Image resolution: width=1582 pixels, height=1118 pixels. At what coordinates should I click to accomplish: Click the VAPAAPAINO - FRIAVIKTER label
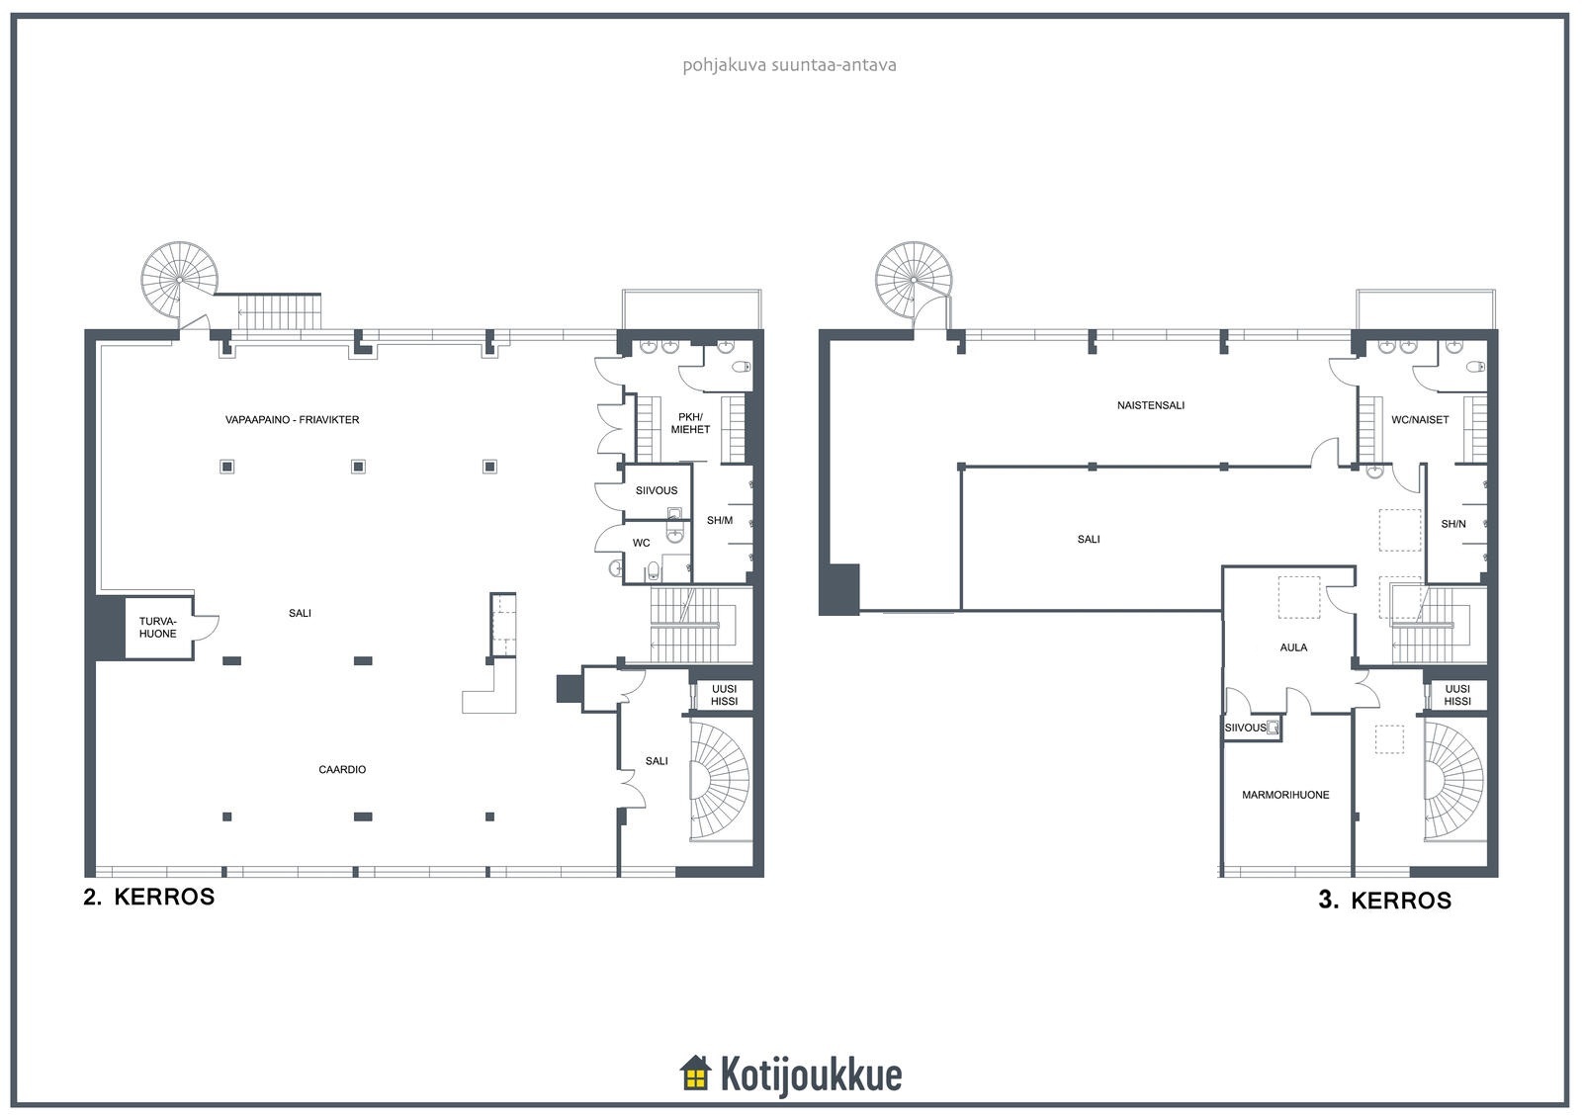pos(292,419)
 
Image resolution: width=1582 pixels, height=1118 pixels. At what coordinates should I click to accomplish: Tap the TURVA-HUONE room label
pos(157,627)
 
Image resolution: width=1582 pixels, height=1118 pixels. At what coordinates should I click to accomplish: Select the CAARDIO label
pos(342,769)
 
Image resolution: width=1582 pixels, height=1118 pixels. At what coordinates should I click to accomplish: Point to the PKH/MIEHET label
pos(690,423)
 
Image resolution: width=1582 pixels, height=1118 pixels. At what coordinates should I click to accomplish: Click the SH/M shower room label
pos(720,520)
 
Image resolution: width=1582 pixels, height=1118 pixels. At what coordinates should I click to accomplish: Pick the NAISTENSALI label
pos(1151,405)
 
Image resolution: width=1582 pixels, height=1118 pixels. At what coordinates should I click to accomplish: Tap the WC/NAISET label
pos(1420,419)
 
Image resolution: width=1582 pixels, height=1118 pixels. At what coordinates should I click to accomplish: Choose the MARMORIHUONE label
pos(1285,795)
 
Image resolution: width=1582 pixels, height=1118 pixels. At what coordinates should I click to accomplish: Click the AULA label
pos(1293,646)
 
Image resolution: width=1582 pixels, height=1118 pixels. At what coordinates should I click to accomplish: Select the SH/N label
pos(1452,524)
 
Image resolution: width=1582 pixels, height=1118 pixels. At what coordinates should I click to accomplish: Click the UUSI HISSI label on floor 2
pos(724,695)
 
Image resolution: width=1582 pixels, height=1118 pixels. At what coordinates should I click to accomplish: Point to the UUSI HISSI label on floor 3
pos(1457,695)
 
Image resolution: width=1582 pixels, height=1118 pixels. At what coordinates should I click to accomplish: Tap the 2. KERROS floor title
pos(149,897)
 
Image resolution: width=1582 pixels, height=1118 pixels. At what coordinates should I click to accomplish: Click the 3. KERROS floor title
pos(1384,901)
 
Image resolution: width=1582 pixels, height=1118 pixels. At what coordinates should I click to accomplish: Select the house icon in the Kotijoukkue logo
pos(695,1073)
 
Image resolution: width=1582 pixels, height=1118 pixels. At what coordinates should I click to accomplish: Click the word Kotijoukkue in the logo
pos(811,1075)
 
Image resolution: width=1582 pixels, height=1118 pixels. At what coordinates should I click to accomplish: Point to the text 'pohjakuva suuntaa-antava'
pos(789,65)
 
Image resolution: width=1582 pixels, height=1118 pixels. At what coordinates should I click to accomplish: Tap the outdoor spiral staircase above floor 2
pos(179,280)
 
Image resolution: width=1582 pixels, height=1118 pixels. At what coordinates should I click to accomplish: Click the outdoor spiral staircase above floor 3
pos(914,280)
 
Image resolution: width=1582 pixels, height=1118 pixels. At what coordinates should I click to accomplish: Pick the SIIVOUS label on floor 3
pos(1245,728)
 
